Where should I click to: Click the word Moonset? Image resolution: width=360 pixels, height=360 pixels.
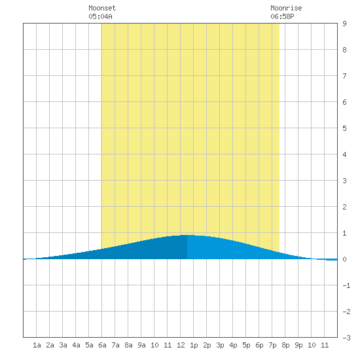click(102, 8)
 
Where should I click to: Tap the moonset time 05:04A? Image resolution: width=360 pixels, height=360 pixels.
click(100, 16)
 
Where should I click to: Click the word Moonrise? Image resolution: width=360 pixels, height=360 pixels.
click(286, 8)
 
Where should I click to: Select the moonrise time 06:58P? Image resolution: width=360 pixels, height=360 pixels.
click(282, 16)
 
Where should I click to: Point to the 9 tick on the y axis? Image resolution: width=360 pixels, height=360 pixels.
click(344, 24)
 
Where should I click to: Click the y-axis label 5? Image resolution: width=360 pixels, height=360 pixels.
click(344, 128)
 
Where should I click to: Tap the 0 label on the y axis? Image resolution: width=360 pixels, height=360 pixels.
click(344, 259)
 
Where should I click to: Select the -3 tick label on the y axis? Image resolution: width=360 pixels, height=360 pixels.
click(346, 338)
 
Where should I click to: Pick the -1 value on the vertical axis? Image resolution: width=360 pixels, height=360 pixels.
click(346, 285)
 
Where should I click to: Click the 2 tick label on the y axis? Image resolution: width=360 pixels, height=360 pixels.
click(344, 207)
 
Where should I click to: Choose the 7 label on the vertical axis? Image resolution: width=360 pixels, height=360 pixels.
click(344, 76)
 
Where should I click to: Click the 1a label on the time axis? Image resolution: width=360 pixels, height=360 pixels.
click(37, 345)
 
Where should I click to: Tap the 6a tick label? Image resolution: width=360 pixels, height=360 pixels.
click(102, 345)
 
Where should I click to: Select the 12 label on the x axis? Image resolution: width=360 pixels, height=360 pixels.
click(181, 345)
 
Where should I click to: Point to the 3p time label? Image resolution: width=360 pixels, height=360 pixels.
click(220, 345)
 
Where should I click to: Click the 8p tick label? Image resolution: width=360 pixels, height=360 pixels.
click(285, 345)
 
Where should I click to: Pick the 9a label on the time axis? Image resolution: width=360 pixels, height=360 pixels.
click(141, 345)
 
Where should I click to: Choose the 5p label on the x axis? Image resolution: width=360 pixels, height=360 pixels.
click(246, 345)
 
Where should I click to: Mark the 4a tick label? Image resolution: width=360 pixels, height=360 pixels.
click(76, 345)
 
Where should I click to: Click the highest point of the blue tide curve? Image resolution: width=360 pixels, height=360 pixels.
click(187, 235)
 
